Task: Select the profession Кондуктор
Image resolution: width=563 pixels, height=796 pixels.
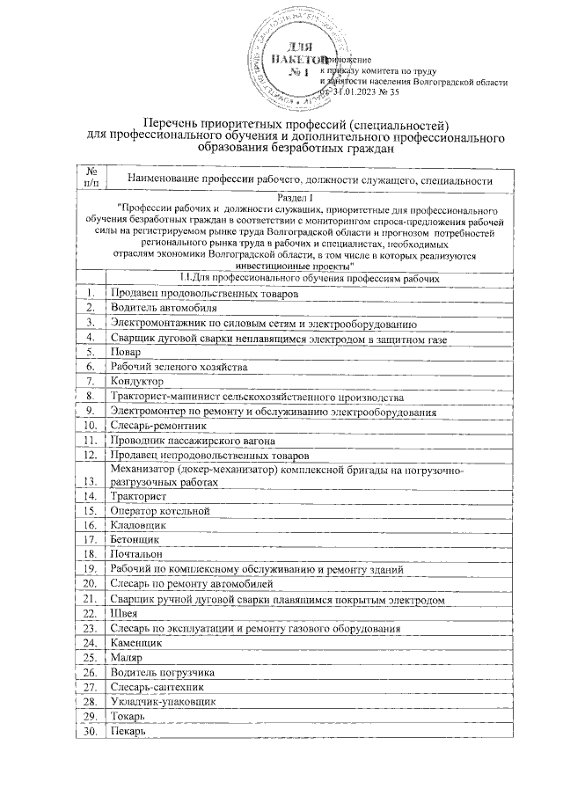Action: click(137, 381)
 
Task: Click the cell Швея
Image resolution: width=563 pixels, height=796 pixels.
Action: click(124, 613)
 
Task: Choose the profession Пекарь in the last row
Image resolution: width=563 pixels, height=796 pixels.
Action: click(128, 729)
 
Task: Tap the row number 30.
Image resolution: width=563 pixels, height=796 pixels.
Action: click(90, 729)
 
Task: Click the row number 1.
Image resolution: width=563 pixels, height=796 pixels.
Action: click(90, 293)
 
